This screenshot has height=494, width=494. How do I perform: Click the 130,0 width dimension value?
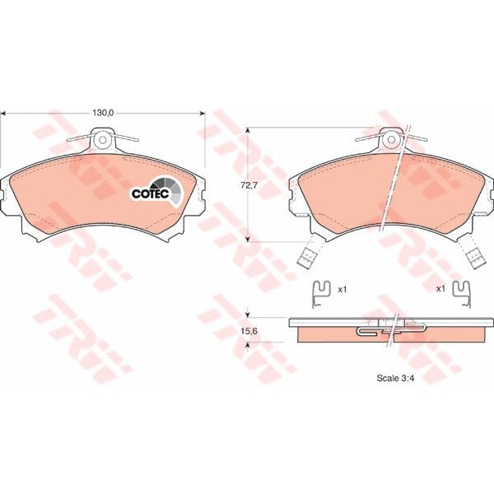[103, 113]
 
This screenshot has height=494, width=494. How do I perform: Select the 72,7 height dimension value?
[249, 185]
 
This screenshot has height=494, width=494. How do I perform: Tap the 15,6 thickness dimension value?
[249, 331]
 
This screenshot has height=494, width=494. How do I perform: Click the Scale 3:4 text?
[395, 378]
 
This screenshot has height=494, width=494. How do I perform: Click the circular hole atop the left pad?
[102, 139]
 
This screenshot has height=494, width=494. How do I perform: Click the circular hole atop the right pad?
[391, 139]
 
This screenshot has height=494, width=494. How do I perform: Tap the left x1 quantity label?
[343, 289]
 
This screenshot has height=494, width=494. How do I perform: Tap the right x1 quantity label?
[440, 289]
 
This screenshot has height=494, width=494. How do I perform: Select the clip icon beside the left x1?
[321, 294]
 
